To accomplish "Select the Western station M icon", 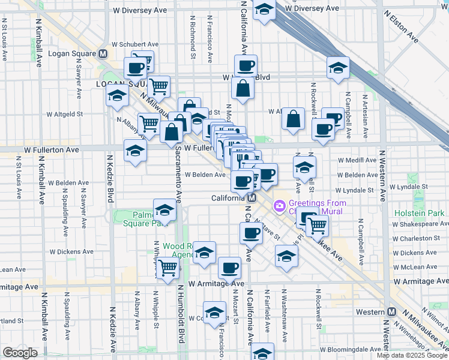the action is pyautogui.click(x=392, y=312).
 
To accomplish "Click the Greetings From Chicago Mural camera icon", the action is pyautogui.click(x=279, y=207).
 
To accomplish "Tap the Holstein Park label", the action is pyautogui.click(x=420, y=214).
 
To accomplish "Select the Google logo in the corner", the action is pyautogui.click(x=20, y=353).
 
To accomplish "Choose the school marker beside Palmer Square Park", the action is pyautogui.click(x=164, y=210).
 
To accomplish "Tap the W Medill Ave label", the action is pyautogui.click(x=357, y=160).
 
